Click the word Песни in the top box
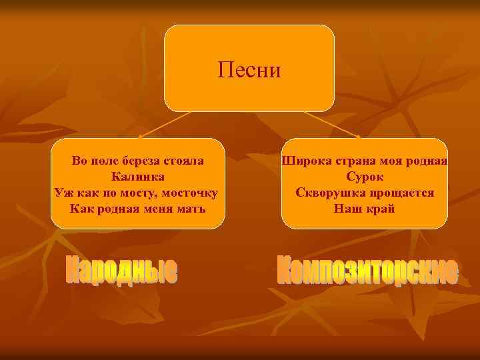coord(249,69)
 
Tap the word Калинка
coord(137,177)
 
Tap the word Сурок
coord(365,177)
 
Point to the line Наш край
coord(365,209)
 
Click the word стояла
coord(185,161)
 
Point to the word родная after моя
coord(427,161)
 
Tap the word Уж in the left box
coord(61,193)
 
